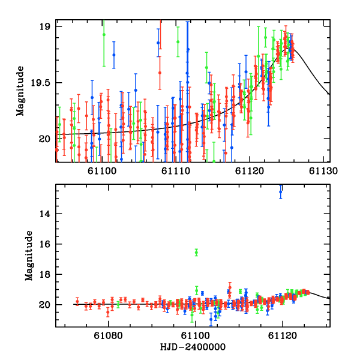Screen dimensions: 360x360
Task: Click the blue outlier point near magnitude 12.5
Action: (280, 192)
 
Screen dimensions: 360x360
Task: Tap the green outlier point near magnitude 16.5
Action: (196, 253)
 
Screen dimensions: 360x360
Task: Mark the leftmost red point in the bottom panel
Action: (77, 301)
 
